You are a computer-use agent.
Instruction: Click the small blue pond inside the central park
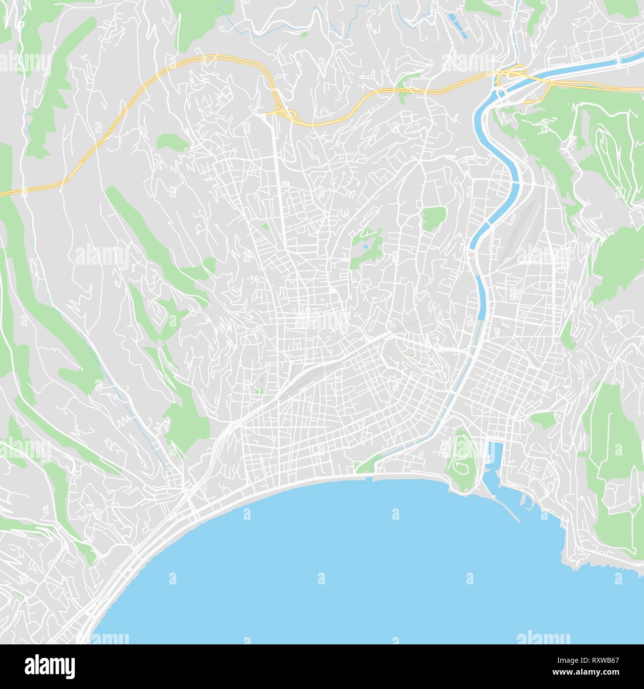366,246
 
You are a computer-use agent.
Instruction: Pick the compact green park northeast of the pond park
434,217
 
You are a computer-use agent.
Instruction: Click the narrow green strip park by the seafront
369,465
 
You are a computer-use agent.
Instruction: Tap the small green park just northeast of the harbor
543,420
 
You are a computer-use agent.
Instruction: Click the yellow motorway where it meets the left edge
3,192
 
